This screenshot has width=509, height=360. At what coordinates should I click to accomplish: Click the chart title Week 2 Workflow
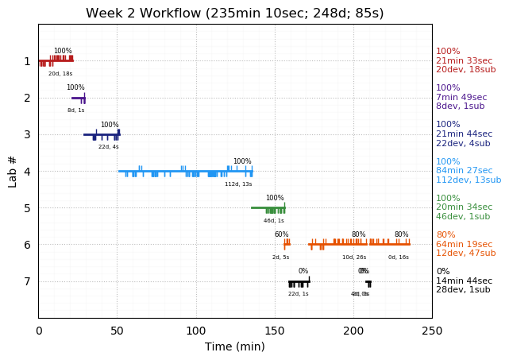point(235,14)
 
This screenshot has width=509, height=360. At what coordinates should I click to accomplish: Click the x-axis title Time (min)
point(235,346)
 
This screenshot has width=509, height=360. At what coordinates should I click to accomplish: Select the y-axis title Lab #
point(13,171)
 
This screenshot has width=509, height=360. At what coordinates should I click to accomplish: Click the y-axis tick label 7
point(27,281)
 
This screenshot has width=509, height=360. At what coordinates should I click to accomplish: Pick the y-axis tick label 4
point(27,172)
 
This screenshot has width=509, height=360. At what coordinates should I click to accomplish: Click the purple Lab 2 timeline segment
point(78,98)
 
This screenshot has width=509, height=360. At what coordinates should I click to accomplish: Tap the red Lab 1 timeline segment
point(56,60)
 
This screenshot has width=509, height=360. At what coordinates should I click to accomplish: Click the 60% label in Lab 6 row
point(282,235)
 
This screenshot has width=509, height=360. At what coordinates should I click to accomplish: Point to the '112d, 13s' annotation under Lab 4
point(238,184)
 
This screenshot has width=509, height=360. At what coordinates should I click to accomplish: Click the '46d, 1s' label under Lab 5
point(274,221)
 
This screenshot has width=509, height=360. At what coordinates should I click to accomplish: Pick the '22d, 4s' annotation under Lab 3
point(109,147)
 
